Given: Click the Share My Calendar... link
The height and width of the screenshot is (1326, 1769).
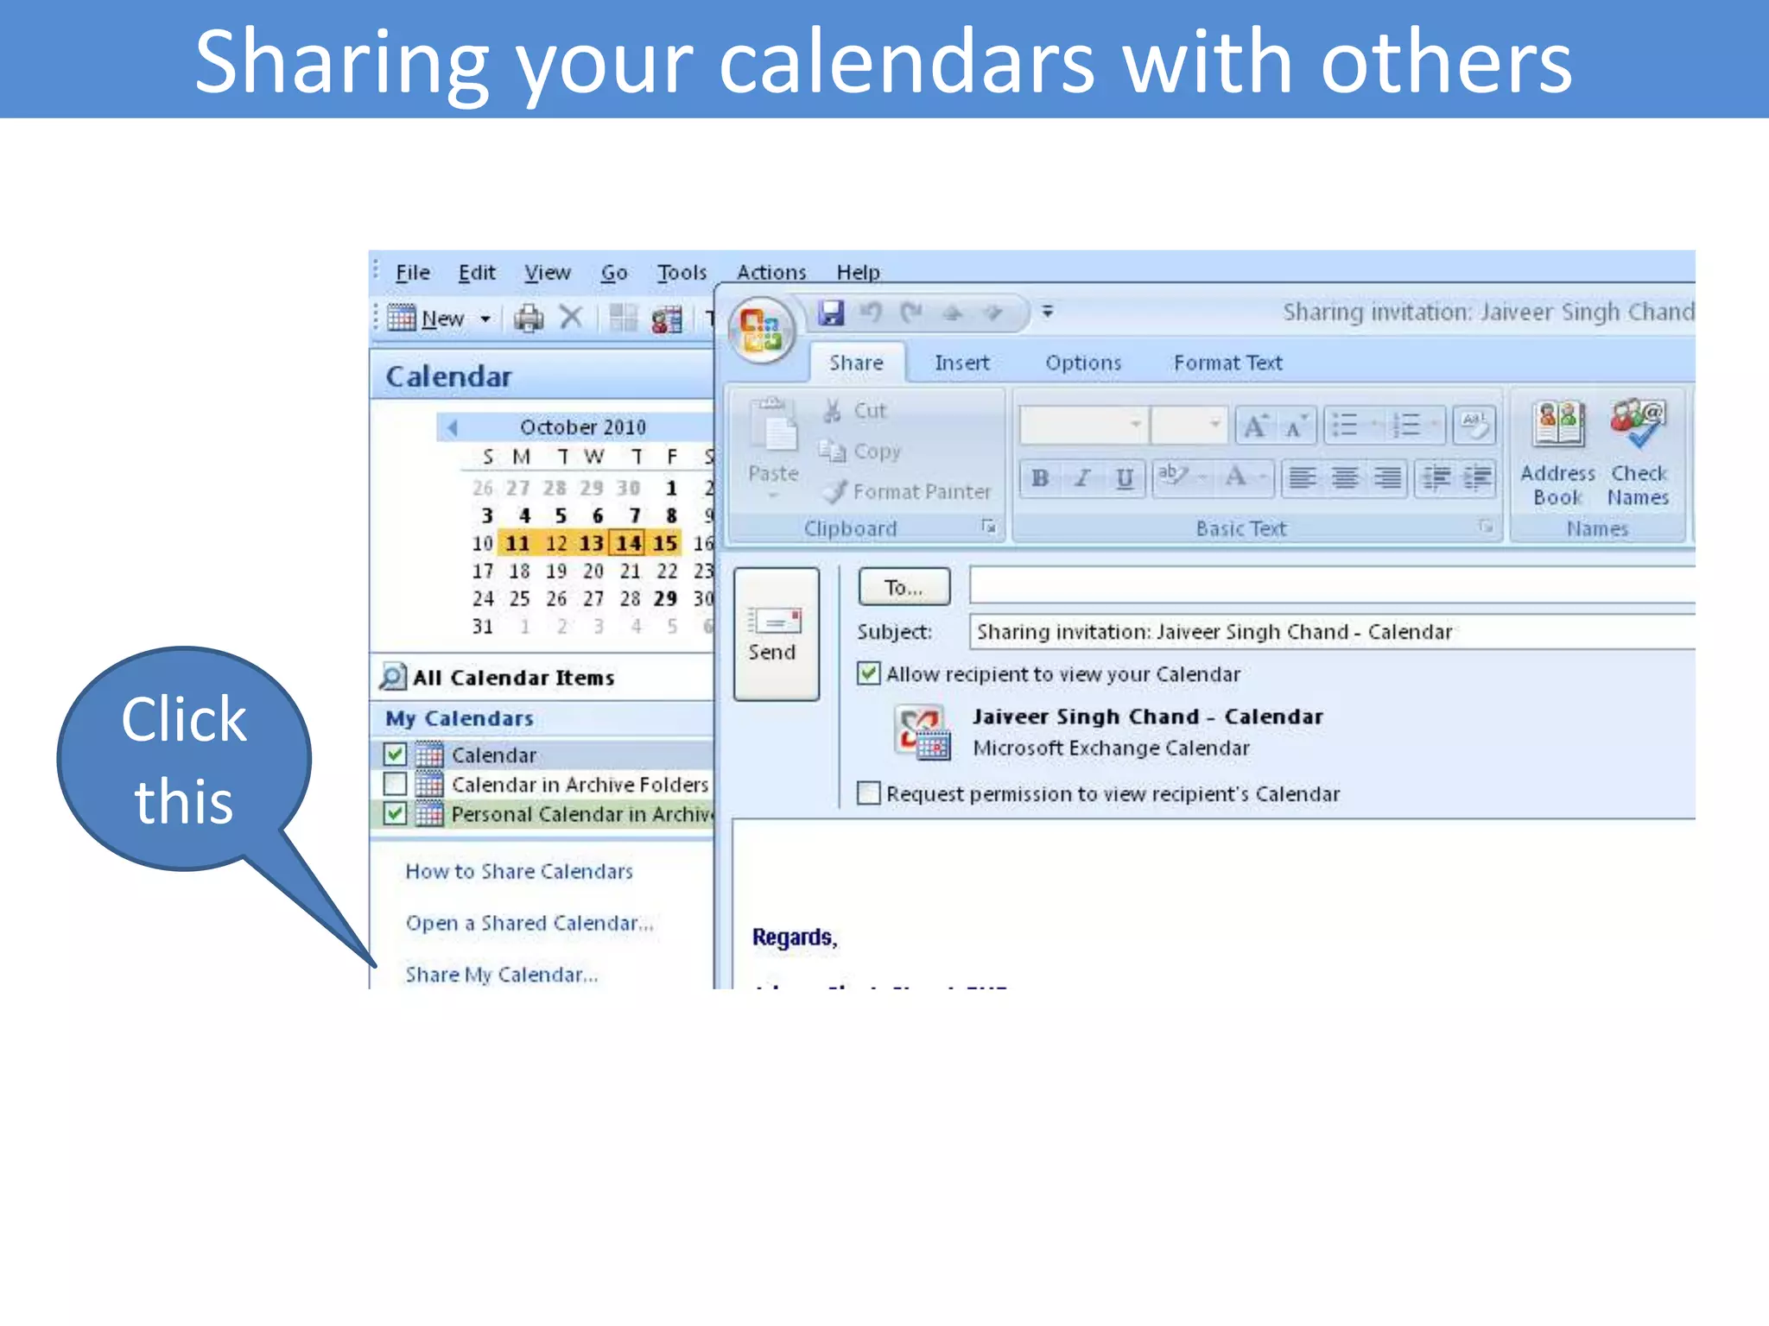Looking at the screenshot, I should [501, 975].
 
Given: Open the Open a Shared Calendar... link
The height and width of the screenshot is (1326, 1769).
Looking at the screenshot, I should [529, 923].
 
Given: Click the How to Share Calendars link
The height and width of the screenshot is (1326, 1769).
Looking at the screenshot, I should [519, 871].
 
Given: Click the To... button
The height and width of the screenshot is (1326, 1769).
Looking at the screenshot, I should [904, 587].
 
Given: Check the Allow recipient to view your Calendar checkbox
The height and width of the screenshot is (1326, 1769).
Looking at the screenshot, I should [869, 673].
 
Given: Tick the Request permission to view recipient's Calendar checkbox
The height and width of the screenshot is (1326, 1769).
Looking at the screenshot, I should [869, 792].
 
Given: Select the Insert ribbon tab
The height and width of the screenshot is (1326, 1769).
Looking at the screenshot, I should [961, 363].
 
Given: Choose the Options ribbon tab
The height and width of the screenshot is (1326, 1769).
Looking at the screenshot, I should [1083, 363].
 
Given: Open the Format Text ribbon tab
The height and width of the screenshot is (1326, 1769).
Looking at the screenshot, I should [1227, 363].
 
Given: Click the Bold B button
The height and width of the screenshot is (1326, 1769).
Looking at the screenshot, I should [1040, 477].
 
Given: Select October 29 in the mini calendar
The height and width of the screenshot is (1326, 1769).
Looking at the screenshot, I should [665, 598].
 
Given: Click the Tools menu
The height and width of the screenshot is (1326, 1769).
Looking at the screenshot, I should [682, 273].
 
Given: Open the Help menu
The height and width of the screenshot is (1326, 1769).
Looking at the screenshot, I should [858, 273].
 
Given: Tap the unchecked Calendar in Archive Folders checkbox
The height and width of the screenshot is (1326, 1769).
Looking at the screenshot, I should [395, 784].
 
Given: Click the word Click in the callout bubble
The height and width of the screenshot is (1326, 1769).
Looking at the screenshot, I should [184, 719].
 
